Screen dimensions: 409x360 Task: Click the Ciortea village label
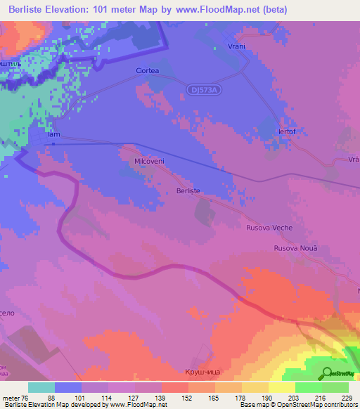(148, 71)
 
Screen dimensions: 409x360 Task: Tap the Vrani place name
(236, 46)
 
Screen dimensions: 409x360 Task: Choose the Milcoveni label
(149, 161)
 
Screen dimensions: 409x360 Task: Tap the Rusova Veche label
(269, 228)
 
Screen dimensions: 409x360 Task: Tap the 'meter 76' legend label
(15, 397)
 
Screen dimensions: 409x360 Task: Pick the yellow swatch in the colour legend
(282, 387)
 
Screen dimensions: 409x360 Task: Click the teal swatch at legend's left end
(41, 387)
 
